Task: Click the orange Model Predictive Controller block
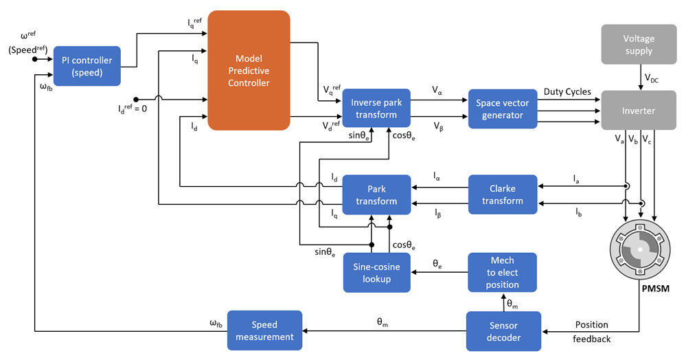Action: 249,70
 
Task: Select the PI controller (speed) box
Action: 87,67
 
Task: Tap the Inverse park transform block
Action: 376,109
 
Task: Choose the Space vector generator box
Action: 503,109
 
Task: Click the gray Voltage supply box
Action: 639,45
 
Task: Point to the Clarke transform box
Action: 503,194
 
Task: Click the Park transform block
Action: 376,194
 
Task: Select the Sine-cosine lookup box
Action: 376,273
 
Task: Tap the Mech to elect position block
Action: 503,273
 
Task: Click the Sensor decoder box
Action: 503,331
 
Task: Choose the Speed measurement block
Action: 264,331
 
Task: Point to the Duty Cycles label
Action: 567,91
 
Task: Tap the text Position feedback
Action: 591,331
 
